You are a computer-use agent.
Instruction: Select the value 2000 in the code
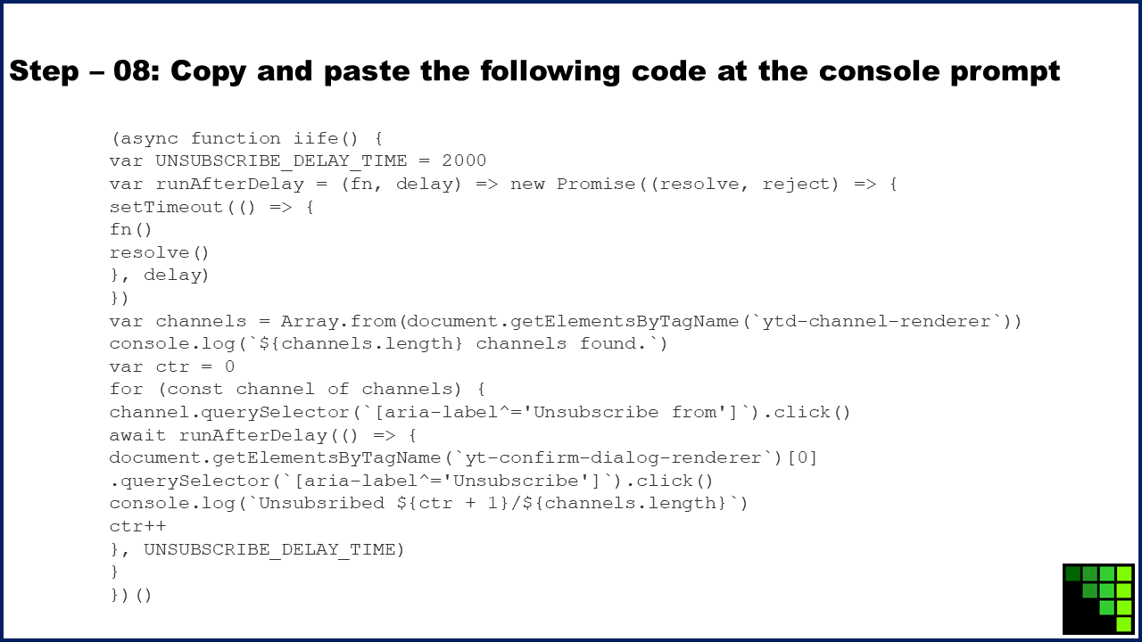pos(464,161)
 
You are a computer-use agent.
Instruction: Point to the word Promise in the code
pos(595,184)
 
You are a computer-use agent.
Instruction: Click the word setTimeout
pos(166,207)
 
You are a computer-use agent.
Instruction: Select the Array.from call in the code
pos(338,321)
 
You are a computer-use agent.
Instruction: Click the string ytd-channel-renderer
pos(876,321)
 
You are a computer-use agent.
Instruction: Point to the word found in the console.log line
pos(608,344)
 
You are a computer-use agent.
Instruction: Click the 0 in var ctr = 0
pos(229,366)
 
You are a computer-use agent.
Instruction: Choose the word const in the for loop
pos(194,390)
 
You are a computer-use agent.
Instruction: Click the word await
pos(137,435)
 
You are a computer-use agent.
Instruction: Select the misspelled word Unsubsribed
pos(322,504)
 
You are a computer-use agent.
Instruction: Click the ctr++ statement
pos(137,526)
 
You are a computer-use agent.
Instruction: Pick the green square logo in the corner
pos(1098,598)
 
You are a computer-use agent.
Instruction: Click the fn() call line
pos(130,230)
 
